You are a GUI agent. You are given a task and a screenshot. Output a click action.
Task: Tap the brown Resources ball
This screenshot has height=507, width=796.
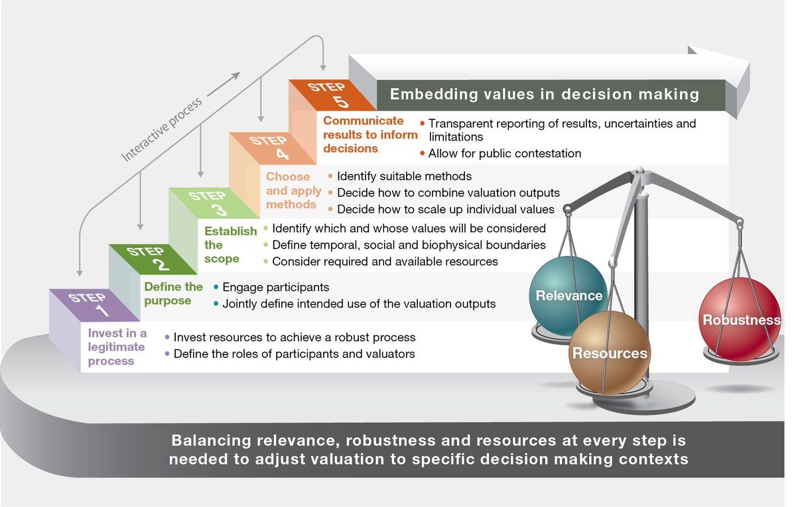(x=610, y=352)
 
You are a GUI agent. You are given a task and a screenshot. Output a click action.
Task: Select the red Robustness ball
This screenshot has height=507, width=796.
(x=740, y=320)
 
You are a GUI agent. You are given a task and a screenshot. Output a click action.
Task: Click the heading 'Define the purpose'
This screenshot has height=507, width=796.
(x=174, y=294)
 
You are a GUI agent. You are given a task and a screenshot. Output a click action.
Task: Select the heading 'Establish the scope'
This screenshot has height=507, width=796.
(x=230, y=245)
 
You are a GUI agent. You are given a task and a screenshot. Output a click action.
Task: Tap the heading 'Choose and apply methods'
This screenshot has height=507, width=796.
(x=293, y=190)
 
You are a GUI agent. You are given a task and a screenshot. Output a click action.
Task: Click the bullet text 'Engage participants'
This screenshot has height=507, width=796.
(x=275, y=288)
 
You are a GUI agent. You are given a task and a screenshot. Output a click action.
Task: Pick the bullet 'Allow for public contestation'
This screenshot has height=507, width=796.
(x=504, y=154)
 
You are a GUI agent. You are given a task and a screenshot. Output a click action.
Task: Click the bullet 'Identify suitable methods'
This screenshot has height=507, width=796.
(x=404, y=176)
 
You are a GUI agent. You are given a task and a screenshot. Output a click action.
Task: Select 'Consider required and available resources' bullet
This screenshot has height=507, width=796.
(x=385, y=261)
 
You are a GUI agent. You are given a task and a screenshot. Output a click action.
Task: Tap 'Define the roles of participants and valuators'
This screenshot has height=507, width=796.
(x=294, y=354)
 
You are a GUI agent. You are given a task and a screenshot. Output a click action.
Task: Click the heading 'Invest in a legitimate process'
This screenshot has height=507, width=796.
(x=117, y=347)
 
